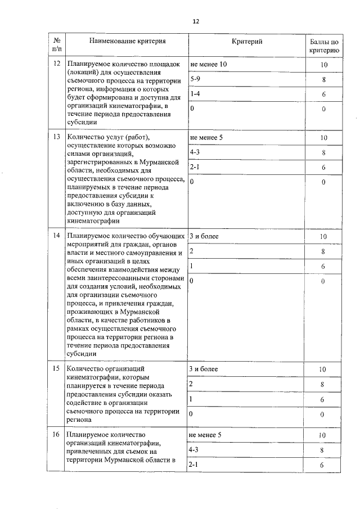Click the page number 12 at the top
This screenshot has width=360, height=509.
pos(196,21)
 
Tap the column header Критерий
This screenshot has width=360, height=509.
pos(247,42)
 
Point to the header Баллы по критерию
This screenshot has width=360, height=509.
pos(323,46)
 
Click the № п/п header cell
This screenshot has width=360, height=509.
pos(56,46)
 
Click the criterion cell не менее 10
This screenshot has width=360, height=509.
pos(208,65)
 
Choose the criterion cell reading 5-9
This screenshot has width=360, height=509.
pos(196,79)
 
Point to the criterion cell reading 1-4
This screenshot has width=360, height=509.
pos(196,94)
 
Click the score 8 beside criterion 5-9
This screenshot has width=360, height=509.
pos(323,80)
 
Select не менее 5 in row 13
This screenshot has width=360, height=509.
pos(206,137)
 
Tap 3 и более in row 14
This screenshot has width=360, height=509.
pos(204,236)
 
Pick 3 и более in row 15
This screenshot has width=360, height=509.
pos(204,369)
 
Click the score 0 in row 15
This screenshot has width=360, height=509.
pos(323,414)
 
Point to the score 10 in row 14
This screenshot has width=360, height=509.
pos(323,237)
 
